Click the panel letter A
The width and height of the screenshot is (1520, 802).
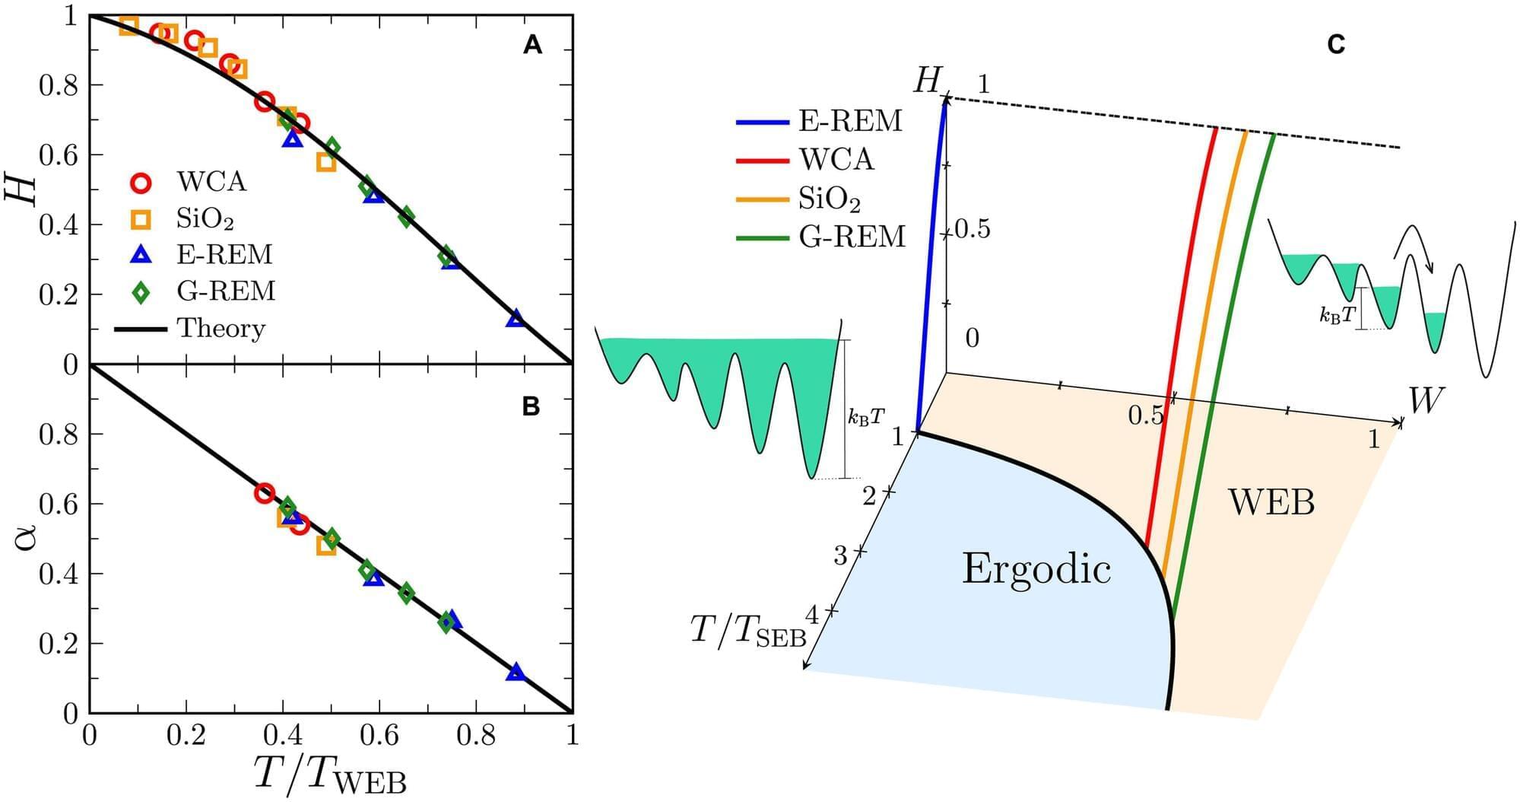532,46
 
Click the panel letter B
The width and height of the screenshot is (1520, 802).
531,406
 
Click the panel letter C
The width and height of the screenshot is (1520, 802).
1336,46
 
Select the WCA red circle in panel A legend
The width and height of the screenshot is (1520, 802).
141,183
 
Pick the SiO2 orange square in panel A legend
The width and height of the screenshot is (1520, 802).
141,219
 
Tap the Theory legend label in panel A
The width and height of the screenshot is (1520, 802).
221,329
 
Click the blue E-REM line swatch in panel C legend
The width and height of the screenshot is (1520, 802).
762,122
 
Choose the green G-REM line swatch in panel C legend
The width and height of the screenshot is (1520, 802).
762,238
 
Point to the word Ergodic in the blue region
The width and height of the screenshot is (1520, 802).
1036,568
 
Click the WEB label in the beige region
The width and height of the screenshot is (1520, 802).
1271,502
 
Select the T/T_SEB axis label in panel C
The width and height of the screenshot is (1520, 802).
748,631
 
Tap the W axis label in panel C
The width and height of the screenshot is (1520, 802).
1426,400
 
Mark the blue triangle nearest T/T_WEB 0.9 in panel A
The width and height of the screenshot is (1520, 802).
516,318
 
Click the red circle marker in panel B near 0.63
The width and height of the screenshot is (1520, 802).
264,492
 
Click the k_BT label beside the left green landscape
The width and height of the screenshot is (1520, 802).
866,416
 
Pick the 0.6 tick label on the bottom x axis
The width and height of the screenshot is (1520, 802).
379,736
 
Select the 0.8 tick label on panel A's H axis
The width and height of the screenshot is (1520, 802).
58,85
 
